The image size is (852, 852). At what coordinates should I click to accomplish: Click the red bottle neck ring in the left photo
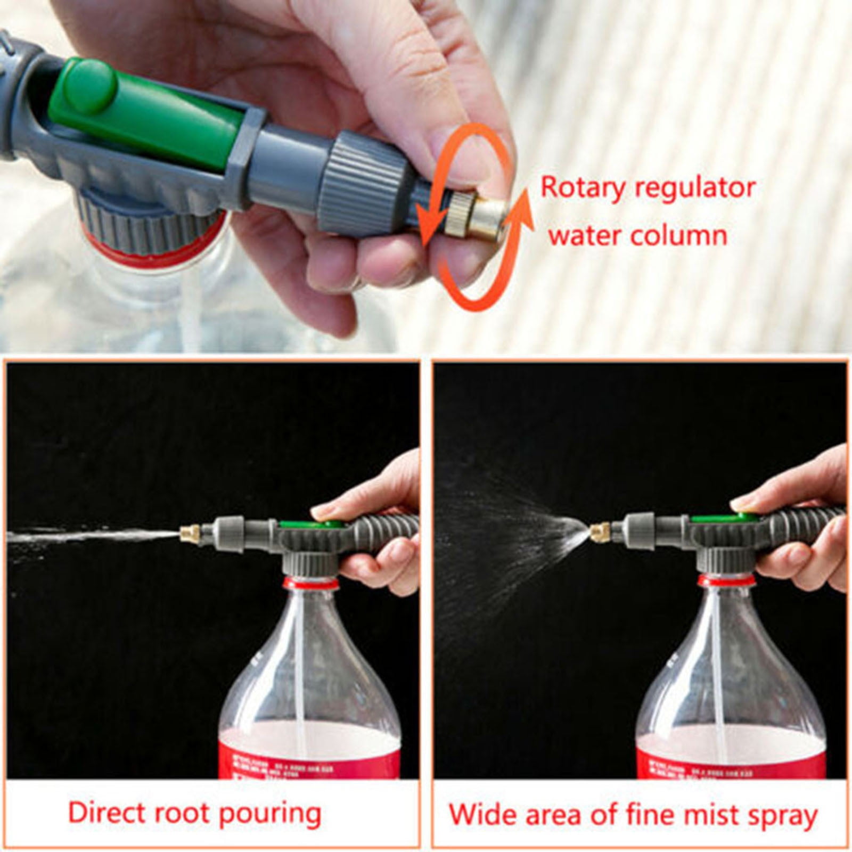pos(310,583)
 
